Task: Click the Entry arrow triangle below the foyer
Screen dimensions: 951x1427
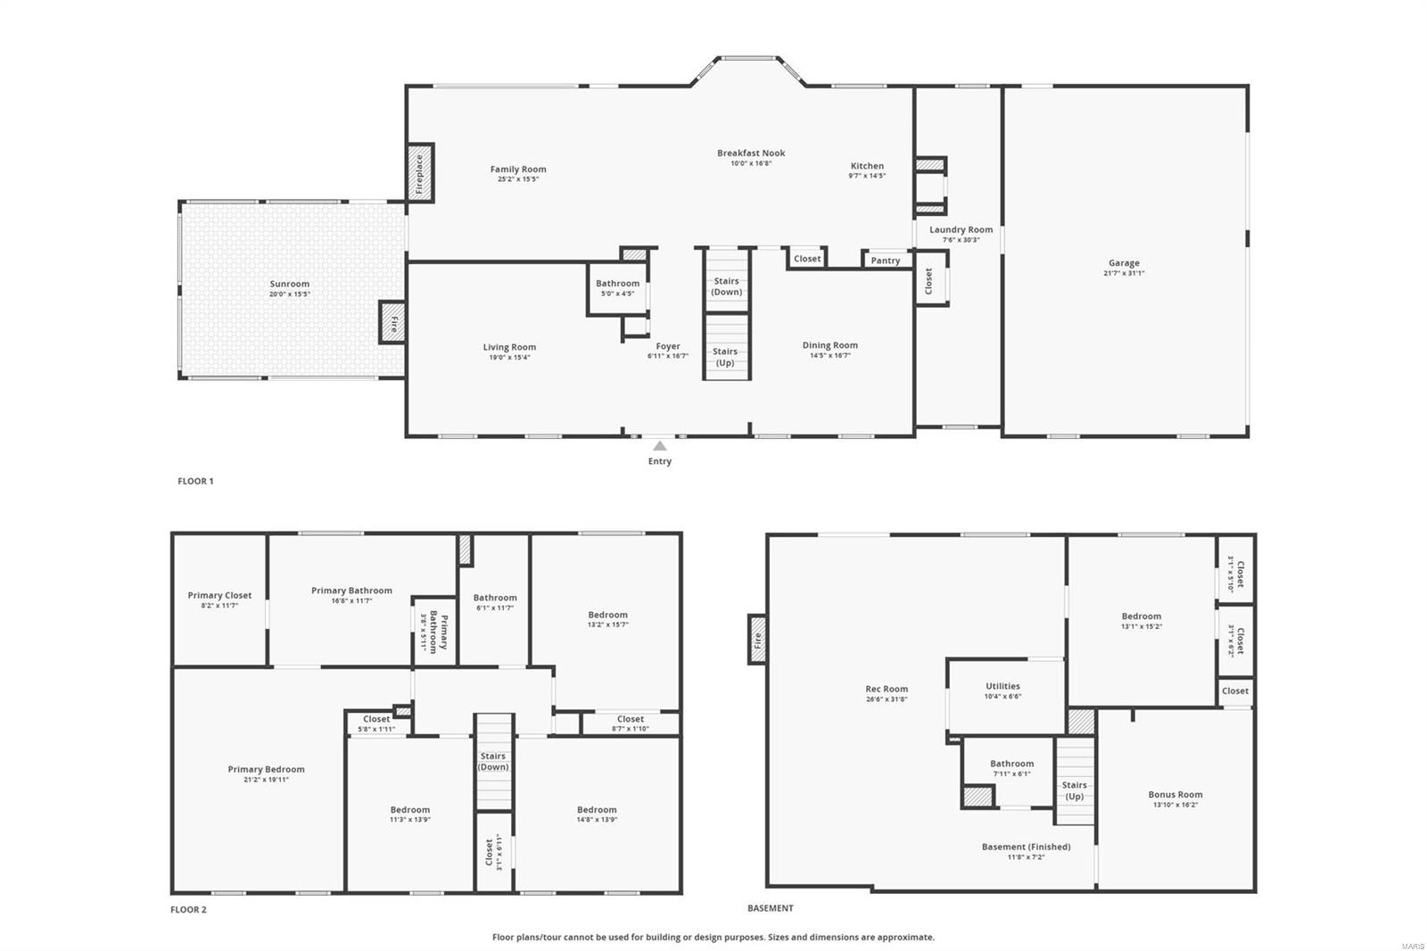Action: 659,446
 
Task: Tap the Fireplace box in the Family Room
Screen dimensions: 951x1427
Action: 420,173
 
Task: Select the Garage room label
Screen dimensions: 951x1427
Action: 1124,263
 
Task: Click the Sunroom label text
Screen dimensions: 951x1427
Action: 289,284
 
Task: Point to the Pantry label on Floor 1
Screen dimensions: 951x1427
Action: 885,260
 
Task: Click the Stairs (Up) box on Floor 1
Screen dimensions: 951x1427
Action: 726,357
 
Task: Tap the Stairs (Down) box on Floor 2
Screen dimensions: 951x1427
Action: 493,761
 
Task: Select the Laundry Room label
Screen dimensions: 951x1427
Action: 961,229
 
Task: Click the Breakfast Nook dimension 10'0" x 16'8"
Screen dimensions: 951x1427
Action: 751,163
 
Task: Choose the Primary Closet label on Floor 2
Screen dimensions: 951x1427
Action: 219,595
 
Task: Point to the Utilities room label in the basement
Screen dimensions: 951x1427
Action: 1002,686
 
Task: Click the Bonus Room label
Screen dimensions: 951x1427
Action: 1175,794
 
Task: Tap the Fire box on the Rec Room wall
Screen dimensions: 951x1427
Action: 757,639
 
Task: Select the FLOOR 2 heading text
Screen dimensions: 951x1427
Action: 188,910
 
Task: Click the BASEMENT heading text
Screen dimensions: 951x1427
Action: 770,908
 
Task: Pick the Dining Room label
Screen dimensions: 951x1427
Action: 829,345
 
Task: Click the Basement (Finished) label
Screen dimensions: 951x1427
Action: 1026,847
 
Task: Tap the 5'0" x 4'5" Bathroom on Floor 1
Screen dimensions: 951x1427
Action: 617,288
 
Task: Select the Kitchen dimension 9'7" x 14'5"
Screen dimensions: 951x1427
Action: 866,176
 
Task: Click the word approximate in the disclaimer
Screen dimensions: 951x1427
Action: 907,938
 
